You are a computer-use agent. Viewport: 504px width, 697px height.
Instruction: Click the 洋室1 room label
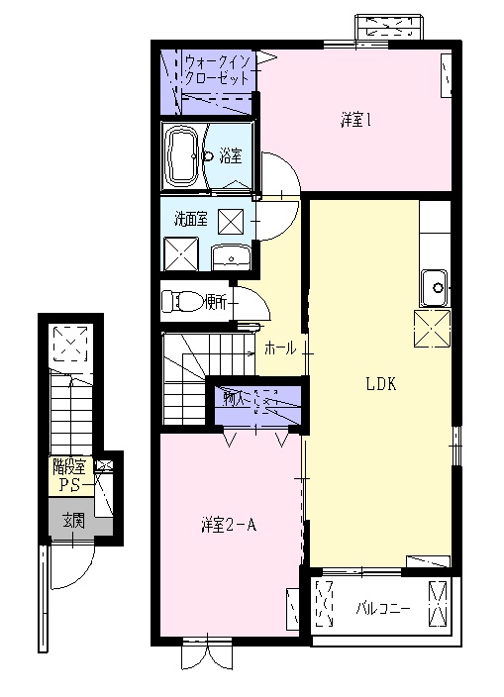click(355, 121)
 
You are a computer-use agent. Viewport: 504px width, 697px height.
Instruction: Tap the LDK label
click(380, 384)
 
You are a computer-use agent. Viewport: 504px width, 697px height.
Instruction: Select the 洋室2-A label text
click(228, 525)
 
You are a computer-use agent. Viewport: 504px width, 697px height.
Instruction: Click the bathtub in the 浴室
click(182, 155)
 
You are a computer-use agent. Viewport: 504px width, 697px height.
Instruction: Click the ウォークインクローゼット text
click(219, 69)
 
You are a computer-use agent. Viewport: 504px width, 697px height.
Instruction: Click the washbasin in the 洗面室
click(232, 257)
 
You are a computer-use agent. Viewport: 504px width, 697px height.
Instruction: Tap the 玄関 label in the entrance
click(72, 520)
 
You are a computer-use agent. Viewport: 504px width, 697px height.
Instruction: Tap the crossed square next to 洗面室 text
click(231, 220)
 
